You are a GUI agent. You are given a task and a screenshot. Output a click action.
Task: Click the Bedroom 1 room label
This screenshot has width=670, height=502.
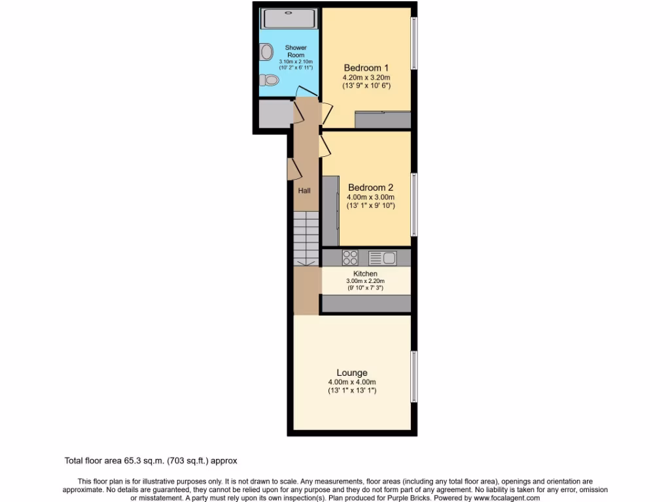366,67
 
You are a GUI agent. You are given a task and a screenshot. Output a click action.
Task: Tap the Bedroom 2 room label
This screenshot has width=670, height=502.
370,188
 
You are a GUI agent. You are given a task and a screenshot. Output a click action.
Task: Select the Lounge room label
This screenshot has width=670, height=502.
352,373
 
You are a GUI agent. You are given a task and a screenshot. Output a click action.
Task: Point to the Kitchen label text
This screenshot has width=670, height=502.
365,273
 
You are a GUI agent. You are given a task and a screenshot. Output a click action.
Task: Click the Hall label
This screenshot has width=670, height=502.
304,191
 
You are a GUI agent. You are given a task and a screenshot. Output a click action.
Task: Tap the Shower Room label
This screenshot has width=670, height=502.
296,51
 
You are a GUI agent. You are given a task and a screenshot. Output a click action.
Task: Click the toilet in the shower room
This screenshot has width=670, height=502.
269,80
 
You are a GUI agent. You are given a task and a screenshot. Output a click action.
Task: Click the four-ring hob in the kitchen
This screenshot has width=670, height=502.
350,257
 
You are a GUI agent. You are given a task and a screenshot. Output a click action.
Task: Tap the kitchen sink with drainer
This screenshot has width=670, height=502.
383,257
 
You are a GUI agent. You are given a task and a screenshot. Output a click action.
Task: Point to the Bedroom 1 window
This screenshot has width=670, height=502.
414,42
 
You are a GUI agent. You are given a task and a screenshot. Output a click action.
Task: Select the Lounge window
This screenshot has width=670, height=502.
414,376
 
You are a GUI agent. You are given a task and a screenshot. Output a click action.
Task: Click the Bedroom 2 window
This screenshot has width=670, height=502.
414,204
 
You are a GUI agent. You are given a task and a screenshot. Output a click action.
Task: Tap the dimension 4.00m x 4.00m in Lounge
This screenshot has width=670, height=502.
352,382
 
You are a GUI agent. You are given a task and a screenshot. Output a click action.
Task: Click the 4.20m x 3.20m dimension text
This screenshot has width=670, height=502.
366,77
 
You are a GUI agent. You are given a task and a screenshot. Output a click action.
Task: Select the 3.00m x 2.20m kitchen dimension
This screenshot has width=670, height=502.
365,281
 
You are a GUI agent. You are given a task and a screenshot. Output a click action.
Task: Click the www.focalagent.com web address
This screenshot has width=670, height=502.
502,498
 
